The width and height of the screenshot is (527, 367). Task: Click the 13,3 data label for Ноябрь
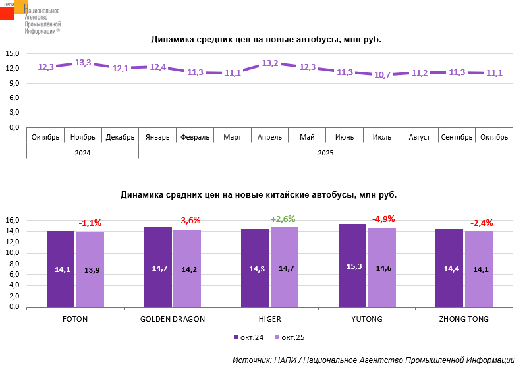pos(83,63)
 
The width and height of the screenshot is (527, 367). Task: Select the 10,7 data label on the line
pos(383,74)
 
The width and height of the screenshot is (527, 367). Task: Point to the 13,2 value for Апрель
pos(270,63)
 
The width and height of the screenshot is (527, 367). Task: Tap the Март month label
pos(233,137)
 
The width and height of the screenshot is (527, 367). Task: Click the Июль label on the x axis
pos(382,137)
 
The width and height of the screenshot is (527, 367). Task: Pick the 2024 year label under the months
pos(82,153)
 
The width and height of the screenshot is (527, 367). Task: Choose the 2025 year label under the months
pos(325,153)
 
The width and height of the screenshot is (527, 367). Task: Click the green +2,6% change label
pos(283,219)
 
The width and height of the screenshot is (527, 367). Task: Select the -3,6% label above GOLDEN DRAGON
pos(189,221)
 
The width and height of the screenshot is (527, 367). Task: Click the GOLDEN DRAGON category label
pos(173,319)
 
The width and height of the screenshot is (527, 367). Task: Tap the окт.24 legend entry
pos(248,337)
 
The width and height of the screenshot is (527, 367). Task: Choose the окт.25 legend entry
pos(289,337)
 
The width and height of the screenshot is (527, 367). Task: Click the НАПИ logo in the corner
pos(14,11)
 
